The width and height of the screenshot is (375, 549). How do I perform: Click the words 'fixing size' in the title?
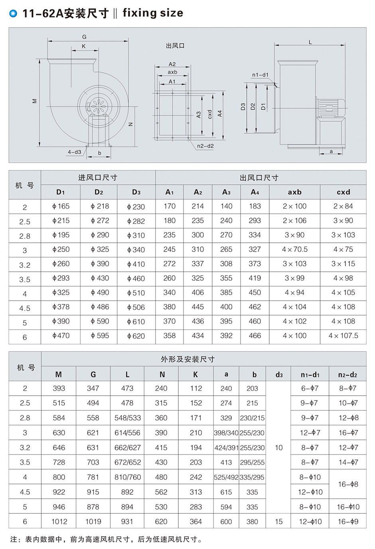click(153, 13)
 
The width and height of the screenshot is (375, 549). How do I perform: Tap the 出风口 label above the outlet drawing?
click(175, 46)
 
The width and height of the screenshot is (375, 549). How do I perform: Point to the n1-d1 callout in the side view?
click(260, 75)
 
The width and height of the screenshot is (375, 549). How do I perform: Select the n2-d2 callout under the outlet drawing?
click(205, 146)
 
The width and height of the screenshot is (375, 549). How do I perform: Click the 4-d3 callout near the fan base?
click(75, 152)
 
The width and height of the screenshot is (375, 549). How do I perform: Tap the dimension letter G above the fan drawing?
click(84, 37)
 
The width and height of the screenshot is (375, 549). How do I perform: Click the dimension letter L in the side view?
click(310, 42)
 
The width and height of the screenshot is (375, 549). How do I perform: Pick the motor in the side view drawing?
click(330, 107)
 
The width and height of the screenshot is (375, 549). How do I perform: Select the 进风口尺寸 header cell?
click(98, 178)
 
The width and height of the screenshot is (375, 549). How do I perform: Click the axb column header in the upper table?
click(294, 192)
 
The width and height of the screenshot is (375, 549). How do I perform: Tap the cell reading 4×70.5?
click(294, 250)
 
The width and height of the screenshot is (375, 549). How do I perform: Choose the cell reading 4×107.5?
click(343, 336)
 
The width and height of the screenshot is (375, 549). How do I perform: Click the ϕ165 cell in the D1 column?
click(61, 206)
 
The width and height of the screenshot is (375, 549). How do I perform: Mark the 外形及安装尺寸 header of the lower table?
click(187, 359)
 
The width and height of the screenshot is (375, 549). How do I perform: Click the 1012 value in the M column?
click(59, 521)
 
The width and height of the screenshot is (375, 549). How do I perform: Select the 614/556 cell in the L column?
click(127, 433)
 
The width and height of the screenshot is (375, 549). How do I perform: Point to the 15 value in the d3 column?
click(278, 521)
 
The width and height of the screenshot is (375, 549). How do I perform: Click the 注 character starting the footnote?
click(14, 539)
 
